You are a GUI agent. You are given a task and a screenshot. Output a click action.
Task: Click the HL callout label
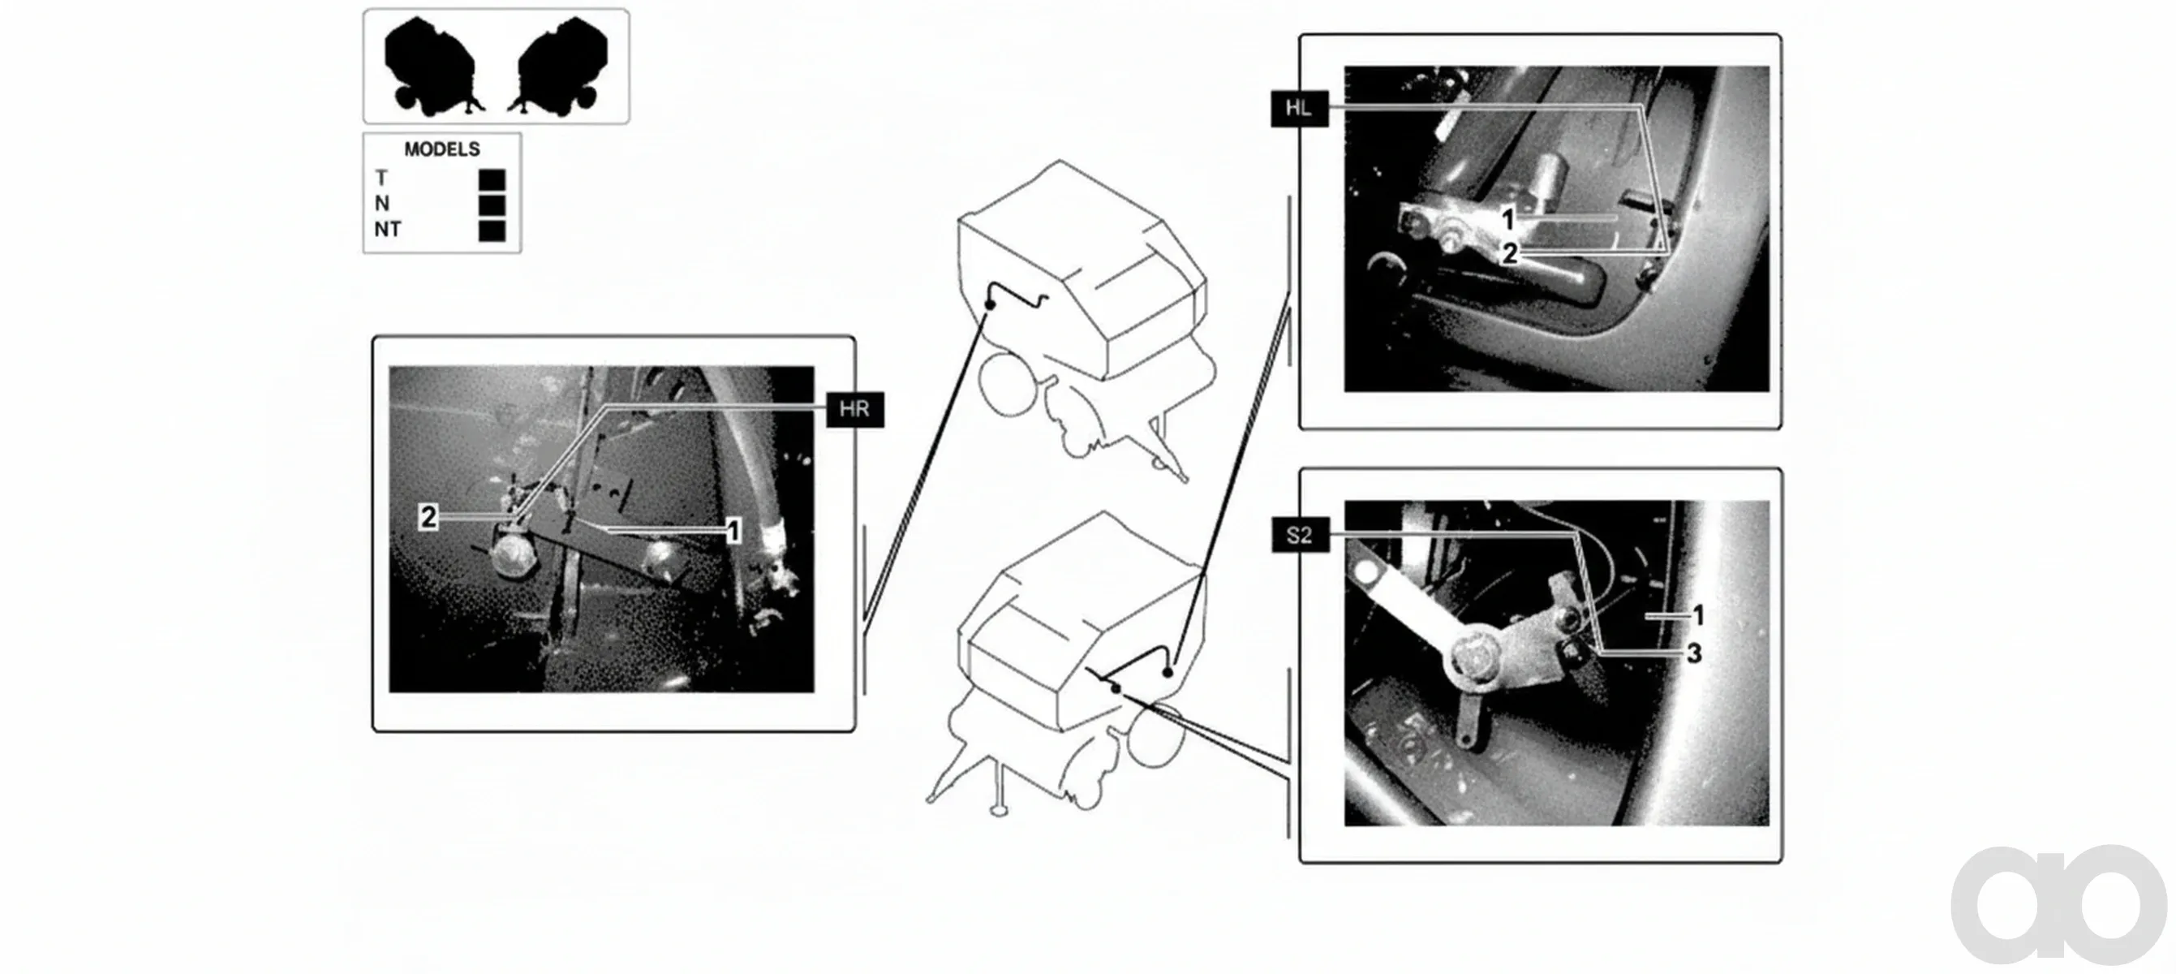tap(1299, 108)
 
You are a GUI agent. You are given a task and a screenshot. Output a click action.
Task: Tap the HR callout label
tap(855, 410)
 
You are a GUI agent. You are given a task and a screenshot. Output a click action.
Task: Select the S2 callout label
tap(1300, 535)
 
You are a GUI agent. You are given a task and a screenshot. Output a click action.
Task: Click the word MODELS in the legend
tap(442, 149)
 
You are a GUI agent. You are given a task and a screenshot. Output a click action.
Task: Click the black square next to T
tap(492, 180)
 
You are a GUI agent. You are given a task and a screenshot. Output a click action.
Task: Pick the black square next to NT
tap(492, 231)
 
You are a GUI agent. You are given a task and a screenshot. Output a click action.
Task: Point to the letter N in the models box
tap(382, 204)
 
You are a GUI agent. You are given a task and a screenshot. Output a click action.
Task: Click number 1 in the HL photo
tap(1508, 220)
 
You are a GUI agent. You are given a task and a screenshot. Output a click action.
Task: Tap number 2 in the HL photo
tap(1510, 252)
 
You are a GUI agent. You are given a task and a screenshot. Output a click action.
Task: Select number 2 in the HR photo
tap(429, 517)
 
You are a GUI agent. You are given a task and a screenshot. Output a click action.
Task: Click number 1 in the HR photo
tap(733, 532)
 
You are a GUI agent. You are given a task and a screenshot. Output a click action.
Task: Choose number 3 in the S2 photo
tap(1694, 653)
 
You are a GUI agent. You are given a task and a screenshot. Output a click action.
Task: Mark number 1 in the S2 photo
tap(1698, 616)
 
